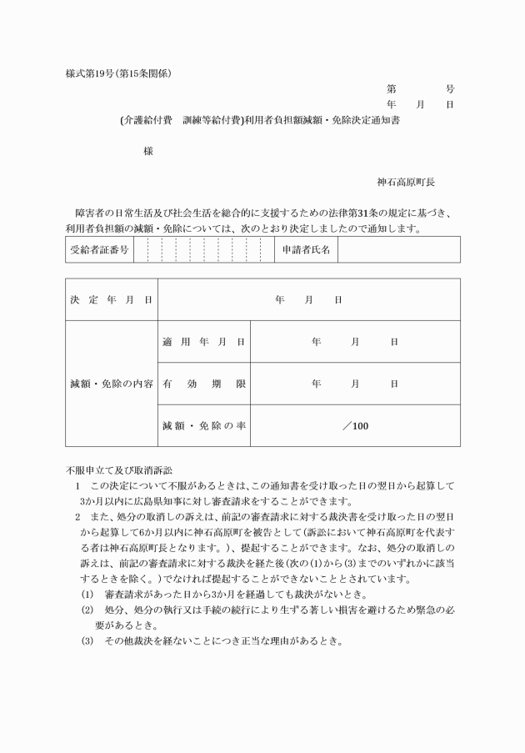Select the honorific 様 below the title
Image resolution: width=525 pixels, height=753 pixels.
click(147, 151)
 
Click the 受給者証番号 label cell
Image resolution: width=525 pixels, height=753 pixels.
click(99, 249)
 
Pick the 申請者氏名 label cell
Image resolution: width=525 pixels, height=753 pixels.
click(306, 249)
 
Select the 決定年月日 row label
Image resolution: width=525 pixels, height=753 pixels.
click(111, 299)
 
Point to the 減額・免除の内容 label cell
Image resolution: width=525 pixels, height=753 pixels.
click(111, 384)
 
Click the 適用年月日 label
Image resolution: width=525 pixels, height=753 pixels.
click(203, 342)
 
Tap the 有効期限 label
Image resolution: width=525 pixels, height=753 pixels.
click(203, 384)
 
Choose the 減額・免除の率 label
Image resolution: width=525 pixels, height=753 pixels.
click(203, 426)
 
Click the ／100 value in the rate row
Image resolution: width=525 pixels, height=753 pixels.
click(355, 426)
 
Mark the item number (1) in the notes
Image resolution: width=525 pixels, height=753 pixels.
click(87, 594)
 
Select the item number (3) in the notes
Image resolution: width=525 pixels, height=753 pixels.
click(87, 641)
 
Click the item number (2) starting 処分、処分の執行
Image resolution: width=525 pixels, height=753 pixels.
click(87, 610)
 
